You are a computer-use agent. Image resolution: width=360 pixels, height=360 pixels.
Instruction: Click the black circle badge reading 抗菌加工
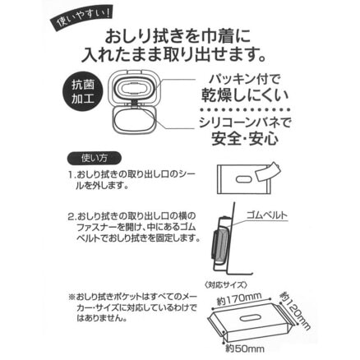[x=83, y=91]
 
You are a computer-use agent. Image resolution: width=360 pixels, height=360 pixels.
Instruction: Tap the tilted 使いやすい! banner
[x=80, y=20]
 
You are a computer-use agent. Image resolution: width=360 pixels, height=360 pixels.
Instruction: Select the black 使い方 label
[x=94, y=158]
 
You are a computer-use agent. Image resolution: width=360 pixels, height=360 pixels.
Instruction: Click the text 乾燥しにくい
[x=245, y=95]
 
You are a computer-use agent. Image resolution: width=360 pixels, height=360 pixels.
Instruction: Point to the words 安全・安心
[x=245, y=139]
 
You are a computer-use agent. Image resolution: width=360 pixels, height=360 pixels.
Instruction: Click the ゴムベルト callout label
[x=267, y=215]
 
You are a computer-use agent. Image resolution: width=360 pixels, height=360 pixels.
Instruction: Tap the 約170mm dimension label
[x=238, y=299]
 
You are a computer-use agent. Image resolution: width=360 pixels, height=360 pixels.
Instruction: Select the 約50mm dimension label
[x=245, y=348]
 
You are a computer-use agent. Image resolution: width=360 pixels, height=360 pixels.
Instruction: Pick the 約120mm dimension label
[x=295, y=311]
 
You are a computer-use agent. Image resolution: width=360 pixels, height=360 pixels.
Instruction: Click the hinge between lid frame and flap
[x=135, y=103]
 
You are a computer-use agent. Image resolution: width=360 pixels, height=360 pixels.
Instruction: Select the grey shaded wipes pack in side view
[x=221, y=245]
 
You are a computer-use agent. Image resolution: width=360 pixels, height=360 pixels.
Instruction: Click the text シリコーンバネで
[x=245, y=122]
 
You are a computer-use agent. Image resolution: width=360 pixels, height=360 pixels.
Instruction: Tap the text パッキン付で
[x=245, y=80]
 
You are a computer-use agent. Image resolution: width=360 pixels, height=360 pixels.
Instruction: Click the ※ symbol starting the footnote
[x=72, y=297]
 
